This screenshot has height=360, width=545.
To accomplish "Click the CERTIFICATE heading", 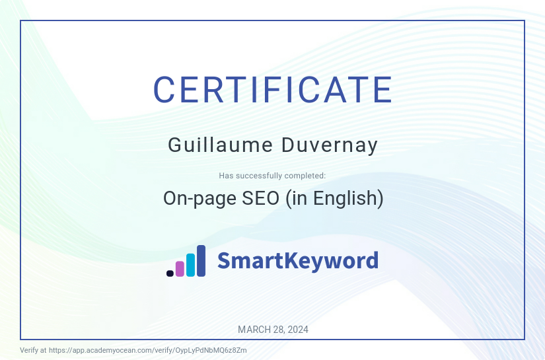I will point(272,90).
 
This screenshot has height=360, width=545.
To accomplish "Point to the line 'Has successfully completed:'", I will point(272,176).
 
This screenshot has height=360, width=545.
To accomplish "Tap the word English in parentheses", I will point(347,199).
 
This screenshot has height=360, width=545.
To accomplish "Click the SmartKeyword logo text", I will point(298,261).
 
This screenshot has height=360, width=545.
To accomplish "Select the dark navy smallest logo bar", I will point(170,273).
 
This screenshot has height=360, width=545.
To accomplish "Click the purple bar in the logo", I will point(180,268).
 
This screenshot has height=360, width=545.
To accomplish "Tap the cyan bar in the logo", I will point(190,264).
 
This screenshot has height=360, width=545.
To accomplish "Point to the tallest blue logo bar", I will point(201,260).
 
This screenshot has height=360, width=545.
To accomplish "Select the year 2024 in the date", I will point(297,330).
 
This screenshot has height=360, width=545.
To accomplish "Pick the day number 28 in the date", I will point(277,330).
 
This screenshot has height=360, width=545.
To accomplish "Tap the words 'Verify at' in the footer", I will point(33,350).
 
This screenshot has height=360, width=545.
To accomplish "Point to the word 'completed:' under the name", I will point(305,176).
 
